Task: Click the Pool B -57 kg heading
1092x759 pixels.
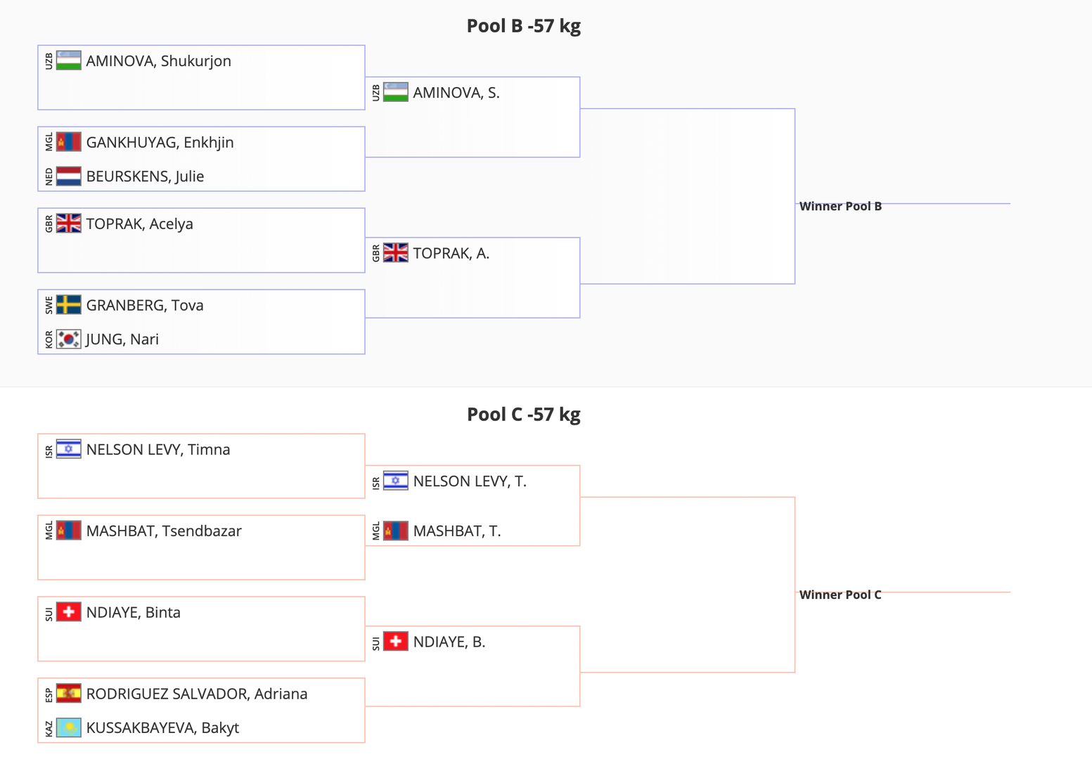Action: click(523, 26)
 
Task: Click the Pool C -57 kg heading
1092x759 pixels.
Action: click(523, 415)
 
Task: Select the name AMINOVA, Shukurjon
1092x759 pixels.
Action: click(158, 61)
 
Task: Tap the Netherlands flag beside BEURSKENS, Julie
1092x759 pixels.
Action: click(68, 176)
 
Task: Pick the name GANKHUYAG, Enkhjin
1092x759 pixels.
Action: click(160, 143)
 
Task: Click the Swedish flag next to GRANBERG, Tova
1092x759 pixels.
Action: click(68, 305)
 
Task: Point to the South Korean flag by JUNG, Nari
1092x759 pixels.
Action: click(68, 339)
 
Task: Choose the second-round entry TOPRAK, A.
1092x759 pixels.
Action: click(451, 254)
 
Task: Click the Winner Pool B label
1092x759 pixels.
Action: click(840, 207)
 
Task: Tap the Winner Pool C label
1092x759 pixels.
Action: click(840, 595)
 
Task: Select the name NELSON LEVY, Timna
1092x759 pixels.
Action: click(158, 450)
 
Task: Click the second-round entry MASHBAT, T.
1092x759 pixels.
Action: click(456, 531)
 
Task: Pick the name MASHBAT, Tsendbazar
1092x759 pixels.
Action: click(164, 531)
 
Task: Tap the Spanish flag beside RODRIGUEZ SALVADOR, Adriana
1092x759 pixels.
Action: click(68, 694)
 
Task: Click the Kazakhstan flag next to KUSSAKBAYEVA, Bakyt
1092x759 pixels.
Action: click(68, 728)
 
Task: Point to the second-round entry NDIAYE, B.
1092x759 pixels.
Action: click(449, 642)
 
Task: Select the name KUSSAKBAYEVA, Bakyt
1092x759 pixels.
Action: click(162, 728)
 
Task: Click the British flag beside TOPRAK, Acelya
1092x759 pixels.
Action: click(68, 223)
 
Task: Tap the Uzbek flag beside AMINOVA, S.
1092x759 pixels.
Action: click(395, 93)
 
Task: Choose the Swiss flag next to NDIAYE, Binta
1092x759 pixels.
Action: click(68, 612)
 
